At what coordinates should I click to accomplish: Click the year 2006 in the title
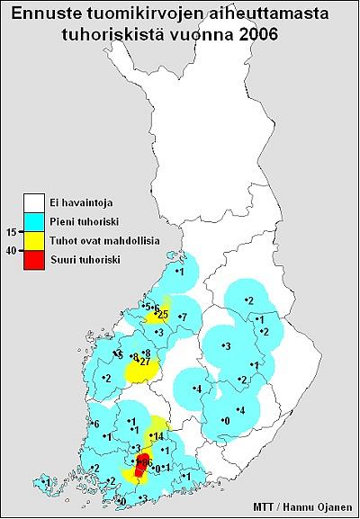tap(253, 33)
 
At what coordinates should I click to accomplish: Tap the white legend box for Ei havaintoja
tap(34, 202)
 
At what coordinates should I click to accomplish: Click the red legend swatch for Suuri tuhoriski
tap(34, 260)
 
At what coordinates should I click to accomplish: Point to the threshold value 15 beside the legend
tap(11, 231)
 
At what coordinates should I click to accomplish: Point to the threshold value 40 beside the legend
tap(11, 251)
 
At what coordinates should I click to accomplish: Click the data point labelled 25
tap(162, 314)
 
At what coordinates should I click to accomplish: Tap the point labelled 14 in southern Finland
tap(157, 436)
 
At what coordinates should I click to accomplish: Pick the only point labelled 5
tap(147, 307)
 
